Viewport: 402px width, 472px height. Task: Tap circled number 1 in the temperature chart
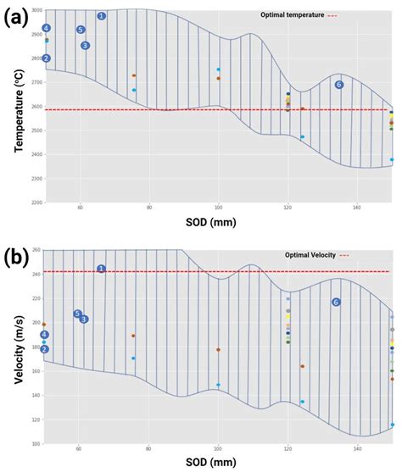101,16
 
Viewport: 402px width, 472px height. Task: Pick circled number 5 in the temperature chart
81,30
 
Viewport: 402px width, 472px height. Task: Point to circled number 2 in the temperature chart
47,58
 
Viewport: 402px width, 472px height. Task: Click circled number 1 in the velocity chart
101,269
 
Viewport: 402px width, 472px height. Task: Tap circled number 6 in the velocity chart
336,302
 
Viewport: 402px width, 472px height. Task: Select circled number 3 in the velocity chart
84,319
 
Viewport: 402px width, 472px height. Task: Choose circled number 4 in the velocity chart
45,335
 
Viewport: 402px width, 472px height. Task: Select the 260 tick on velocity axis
36,250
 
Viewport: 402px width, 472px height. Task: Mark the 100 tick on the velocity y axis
36,443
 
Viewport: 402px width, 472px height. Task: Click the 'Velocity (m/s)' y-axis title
18,347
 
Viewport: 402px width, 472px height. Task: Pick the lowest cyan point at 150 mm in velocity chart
392,425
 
